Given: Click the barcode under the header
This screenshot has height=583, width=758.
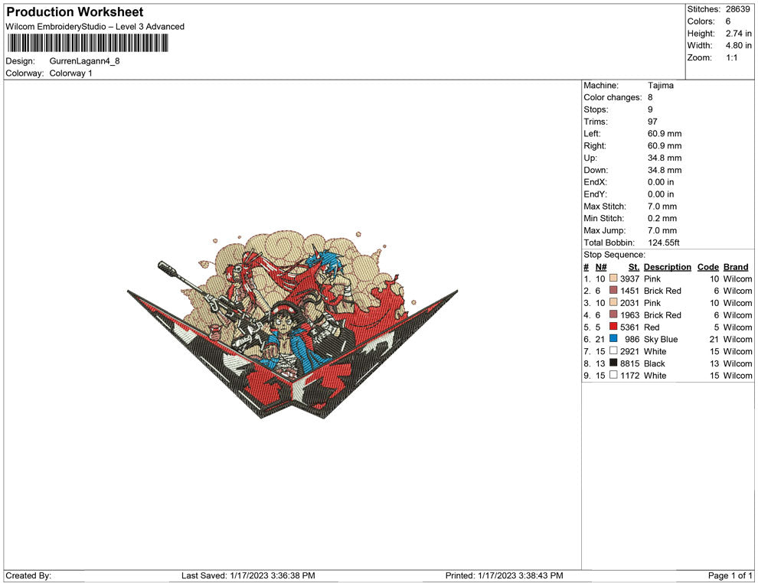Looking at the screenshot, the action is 87,43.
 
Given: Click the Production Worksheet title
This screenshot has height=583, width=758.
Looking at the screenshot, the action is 75,12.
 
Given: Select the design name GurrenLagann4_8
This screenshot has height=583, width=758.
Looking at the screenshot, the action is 84,61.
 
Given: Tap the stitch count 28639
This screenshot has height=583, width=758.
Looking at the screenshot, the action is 737,9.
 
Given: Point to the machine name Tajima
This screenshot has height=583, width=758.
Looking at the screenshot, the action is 660,86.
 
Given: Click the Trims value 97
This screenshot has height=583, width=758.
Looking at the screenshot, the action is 652,122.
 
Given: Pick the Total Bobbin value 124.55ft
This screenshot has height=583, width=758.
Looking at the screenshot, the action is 663,243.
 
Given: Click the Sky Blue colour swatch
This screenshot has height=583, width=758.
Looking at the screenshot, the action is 613,339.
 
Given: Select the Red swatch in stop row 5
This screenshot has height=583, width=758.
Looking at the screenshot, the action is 613,327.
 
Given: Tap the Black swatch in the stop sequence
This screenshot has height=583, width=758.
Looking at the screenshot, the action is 613,363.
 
